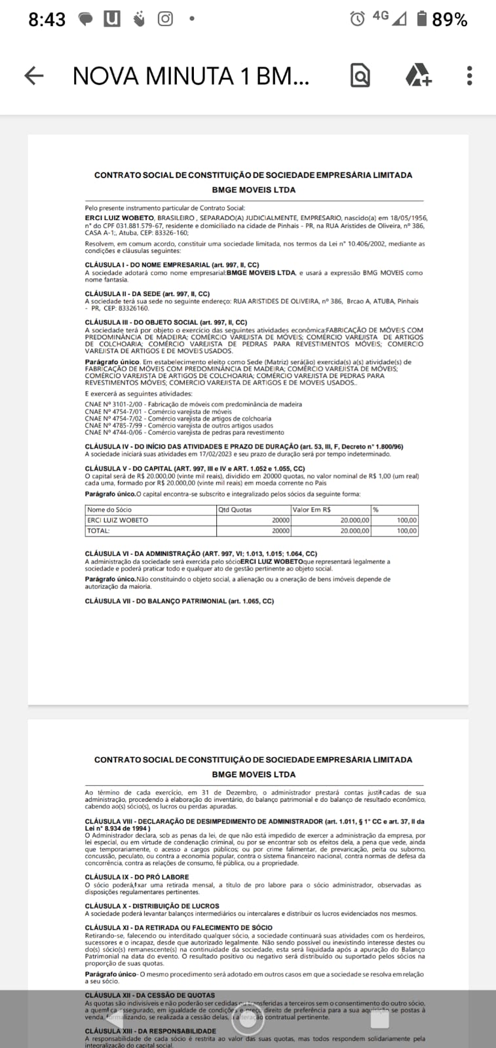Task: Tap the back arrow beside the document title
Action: click(34, 76)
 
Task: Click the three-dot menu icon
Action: click(469, 76)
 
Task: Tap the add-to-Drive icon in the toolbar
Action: click(418, 76)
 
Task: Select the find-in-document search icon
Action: click(360, 76)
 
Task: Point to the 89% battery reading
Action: click(449, 20)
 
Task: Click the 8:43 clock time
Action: click(47, 20)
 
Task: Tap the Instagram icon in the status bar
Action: click(165, 19)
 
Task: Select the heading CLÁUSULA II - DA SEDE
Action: click(147, 294)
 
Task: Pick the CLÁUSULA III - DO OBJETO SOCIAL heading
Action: click(166, 322)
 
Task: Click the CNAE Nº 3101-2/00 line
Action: click(193, 404)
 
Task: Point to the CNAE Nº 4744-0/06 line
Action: click(184, 432)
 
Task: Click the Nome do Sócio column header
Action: click(109, 510)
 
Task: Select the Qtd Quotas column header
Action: click(235, 510)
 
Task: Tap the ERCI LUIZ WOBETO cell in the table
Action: click(118, 520)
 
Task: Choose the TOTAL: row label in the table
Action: click(98, 531)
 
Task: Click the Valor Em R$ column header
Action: click(312, 510)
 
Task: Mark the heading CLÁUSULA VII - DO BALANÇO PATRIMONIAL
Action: click(180, 601)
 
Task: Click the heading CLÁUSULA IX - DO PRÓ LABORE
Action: click(137, 876)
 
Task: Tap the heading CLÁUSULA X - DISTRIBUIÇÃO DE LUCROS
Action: click(152, 906)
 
